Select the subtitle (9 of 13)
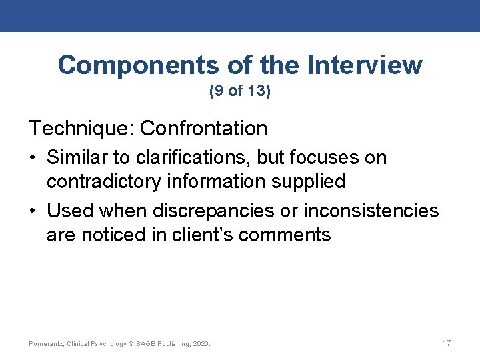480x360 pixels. [x=240, y=91]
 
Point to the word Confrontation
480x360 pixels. [x=205, y=128]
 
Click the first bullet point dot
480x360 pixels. [x=33, y=159]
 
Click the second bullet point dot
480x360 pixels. [x=33, y=212]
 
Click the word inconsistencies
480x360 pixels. [x=371, y=211]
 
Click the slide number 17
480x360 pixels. [x=447, y=343]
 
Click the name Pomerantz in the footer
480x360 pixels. [x=47, y=344]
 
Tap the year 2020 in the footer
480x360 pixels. [x=201, y=344]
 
